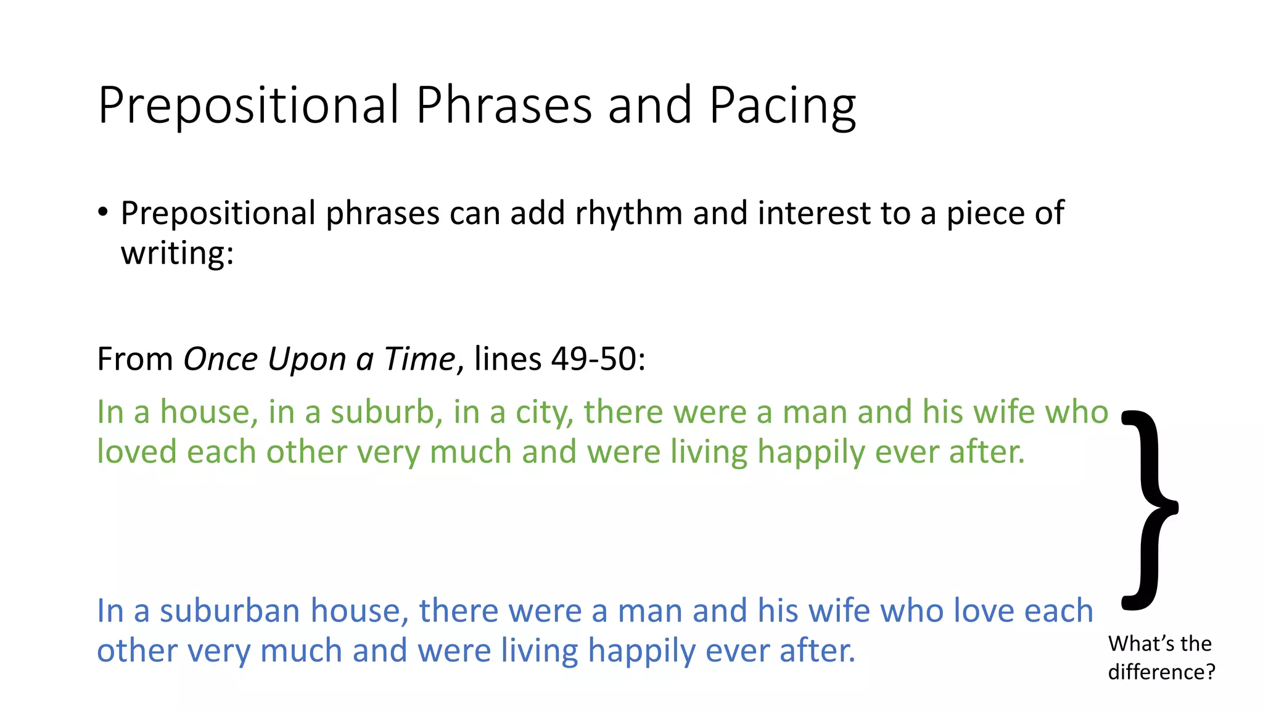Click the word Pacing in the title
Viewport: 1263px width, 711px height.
[x=782, y=106]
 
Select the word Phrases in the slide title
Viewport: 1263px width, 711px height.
[x=504, y=106]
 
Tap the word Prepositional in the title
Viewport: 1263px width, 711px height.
[x=249, y=106]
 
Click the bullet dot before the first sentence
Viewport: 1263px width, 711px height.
[x=103, y=212]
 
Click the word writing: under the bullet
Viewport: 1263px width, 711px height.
[x=178, y=252]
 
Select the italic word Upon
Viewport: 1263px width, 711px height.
[x=306, y=359]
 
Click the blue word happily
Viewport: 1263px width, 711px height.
[x=641, y=651]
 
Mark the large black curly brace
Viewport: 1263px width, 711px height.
[x=1148, y=509]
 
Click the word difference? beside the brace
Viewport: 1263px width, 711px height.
[x=1161, y=671]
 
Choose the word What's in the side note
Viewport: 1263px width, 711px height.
[x=1133, y=644]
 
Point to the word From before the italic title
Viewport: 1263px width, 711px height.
[x=135, y=359]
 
